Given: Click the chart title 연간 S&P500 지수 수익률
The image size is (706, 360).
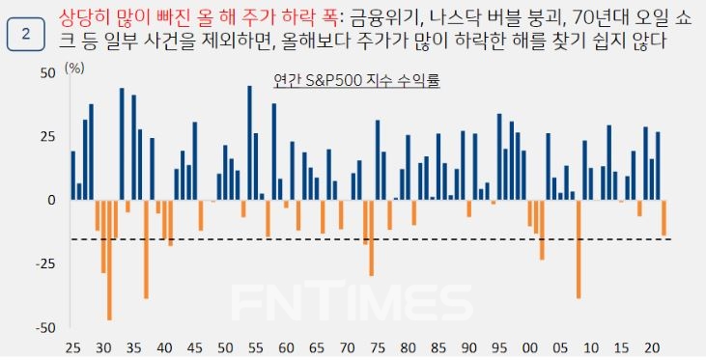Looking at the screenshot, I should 356,82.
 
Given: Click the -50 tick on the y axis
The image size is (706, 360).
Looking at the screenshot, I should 44,328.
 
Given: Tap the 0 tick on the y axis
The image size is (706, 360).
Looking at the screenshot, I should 52,201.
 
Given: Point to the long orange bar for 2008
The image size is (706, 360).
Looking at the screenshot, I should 579,249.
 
